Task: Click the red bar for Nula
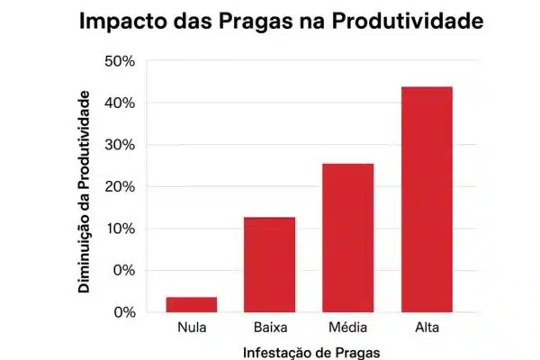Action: click(x=191, y=304)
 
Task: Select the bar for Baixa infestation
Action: click(x=269, y=265)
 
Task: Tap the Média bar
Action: click(x=347, y=238)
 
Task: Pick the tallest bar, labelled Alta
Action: click(x=426, y=199)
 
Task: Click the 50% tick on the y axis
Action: click(x=120, y=61)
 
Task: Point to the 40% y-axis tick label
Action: click(x=120, y=103)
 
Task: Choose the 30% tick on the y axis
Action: click(x=120, y=145)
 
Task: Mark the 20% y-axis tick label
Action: click(x=120, y=187)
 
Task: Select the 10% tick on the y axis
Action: click(x=120, y=229)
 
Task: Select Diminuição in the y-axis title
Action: click(x=83, y=254)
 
